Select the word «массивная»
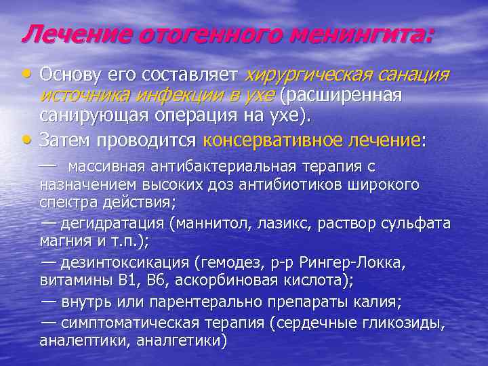(109, 166)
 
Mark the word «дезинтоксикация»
(125, 262)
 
